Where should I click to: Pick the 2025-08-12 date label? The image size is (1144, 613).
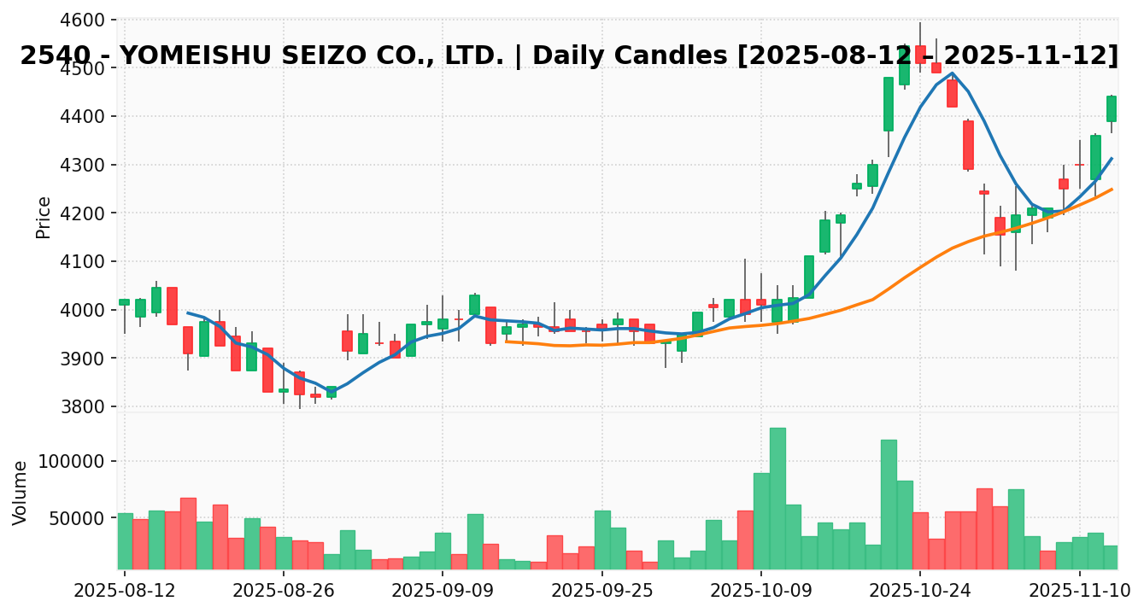coord(125,591)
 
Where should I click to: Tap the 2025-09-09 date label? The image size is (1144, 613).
coord(443,591)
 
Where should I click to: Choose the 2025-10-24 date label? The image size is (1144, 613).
coord(920,591)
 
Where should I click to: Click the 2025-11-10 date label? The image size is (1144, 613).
coord(1079,591)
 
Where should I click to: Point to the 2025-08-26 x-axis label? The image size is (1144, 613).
coord(284,591)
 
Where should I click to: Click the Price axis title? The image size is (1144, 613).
coord(44,217)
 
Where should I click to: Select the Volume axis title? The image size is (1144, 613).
coord(21,492)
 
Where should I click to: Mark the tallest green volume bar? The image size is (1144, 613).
coord(777,499)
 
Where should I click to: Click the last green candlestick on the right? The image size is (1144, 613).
coord(1112,108)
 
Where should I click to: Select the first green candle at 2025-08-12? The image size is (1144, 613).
coord(125,301)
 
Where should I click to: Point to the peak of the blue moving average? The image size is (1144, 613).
coord(952,73)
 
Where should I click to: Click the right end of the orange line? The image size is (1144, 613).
coord(1112,190)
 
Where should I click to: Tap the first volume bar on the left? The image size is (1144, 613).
coord(125,541)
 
